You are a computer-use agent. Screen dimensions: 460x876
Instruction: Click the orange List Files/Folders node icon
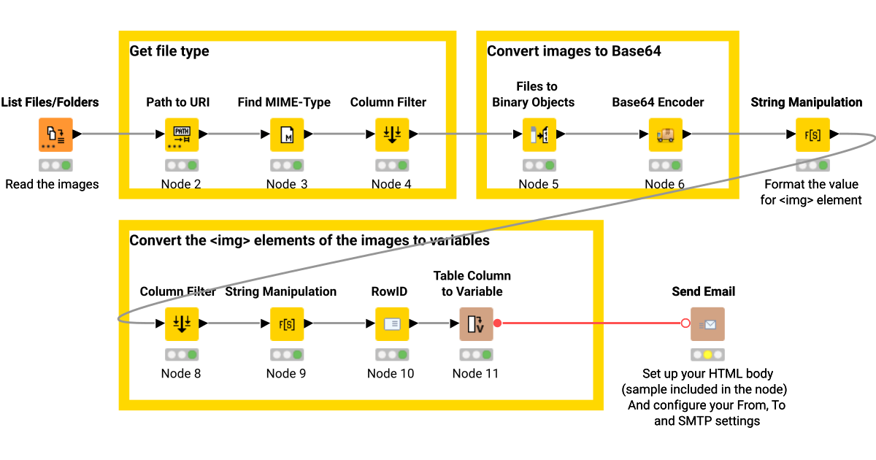tap(55, 135)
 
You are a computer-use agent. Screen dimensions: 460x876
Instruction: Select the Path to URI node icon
tap(182, 135)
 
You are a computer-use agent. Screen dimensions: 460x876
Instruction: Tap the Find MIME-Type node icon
tap(287, 135)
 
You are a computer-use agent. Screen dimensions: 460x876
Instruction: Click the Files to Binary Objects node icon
tap(539, 135)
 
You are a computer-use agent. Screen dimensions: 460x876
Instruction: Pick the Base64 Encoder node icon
tap(665, 135)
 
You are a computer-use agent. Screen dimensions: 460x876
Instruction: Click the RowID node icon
tap(392, 324)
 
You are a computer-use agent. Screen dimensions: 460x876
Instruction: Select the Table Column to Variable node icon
tap(476, 324)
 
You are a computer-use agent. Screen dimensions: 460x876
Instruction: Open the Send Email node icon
tap(707, 324)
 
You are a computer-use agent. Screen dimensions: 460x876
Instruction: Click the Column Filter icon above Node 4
tap(392, 135)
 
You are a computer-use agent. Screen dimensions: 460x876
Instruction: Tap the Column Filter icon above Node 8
tap(182, 324)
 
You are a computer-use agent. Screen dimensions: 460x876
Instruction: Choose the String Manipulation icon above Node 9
tap(287, 324)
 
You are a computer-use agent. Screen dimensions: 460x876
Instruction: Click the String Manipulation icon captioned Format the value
tap(812, 135)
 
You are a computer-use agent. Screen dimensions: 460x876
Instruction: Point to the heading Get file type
tap(169, 51)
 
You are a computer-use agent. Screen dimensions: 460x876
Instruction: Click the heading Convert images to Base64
tap(574, 51)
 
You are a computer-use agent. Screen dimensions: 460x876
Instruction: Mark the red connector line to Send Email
tap(591, 323)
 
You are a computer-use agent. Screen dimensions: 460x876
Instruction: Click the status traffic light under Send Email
tap(707, 355)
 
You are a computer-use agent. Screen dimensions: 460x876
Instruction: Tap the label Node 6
tap(664, 184)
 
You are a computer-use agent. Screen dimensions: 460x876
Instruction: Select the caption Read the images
tap(52, 184)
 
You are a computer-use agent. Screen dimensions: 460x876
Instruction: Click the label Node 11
tap(476, 373)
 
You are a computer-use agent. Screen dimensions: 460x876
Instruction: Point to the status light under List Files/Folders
tap(55, 166)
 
